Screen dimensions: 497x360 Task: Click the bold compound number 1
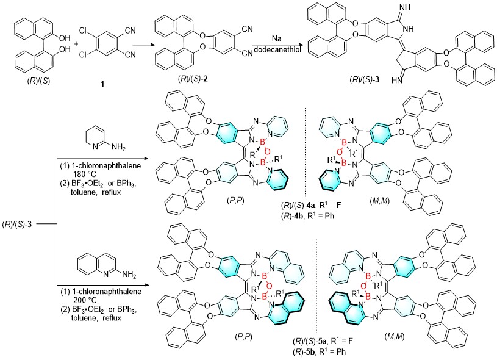[102, 84]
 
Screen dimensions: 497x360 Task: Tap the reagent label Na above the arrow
[277, 38]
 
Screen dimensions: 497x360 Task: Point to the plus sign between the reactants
[76, 43]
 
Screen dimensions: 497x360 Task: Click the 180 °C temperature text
[84, 174]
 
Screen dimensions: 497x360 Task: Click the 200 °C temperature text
[84, 300]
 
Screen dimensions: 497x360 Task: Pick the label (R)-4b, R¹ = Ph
[307, 215]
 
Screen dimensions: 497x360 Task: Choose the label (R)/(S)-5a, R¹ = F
[323, 341]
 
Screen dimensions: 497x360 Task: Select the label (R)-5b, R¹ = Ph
[319, 351]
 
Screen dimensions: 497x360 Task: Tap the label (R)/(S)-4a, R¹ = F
[311, 206]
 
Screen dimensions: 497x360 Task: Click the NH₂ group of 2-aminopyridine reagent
[118, 147]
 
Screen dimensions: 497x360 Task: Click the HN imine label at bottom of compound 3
[396, 81]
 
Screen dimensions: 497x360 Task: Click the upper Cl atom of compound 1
[83, 31]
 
